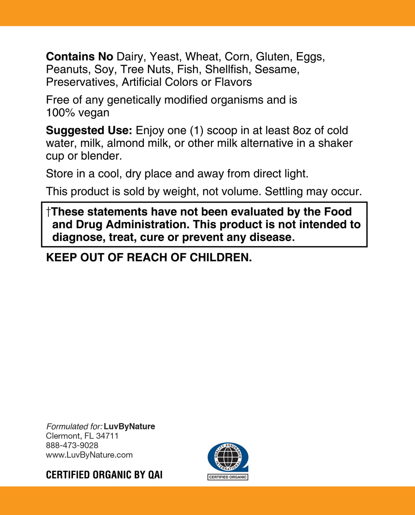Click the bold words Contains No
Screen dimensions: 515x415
80,57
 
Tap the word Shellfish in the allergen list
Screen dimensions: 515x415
228,69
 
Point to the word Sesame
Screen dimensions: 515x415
277,69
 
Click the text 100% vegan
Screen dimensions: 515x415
78,113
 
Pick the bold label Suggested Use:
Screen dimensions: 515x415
89,131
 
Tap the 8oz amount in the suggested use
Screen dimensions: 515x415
302,131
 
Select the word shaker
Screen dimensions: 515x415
335,143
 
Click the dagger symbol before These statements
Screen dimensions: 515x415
48,212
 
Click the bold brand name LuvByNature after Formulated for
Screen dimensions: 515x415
129,427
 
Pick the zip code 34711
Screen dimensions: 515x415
107,436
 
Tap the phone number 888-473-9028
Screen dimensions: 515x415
72,446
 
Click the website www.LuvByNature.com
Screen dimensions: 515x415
89,455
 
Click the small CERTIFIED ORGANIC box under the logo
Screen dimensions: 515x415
228,477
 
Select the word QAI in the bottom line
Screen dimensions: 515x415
155,475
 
